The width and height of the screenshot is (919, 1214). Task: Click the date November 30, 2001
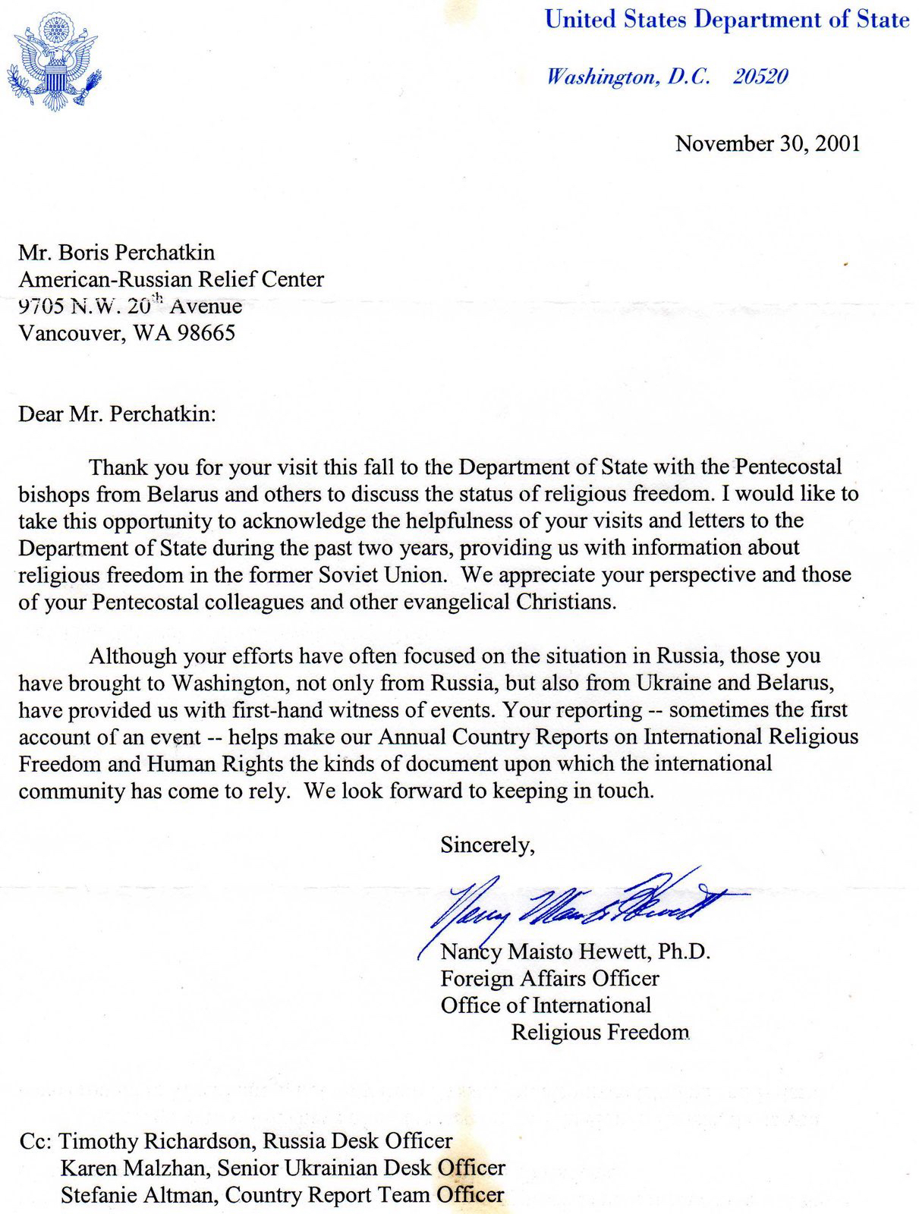767,143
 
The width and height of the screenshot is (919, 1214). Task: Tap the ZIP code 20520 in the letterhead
760,77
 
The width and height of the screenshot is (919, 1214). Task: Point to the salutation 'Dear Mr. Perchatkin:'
118,414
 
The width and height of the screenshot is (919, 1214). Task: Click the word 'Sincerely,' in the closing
487,845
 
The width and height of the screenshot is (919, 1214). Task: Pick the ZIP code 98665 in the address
206,333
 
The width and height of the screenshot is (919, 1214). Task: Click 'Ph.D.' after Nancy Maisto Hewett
684,951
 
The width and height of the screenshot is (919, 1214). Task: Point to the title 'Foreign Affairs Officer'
549,979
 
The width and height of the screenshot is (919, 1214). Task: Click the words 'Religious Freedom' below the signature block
600,1033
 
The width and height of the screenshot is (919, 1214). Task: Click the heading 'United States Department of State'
726,20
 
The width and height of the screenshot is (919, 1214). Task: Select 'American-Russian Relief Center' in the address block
172,279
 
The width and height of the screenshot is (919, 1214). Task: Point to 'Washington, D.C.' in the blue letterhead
628,77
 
